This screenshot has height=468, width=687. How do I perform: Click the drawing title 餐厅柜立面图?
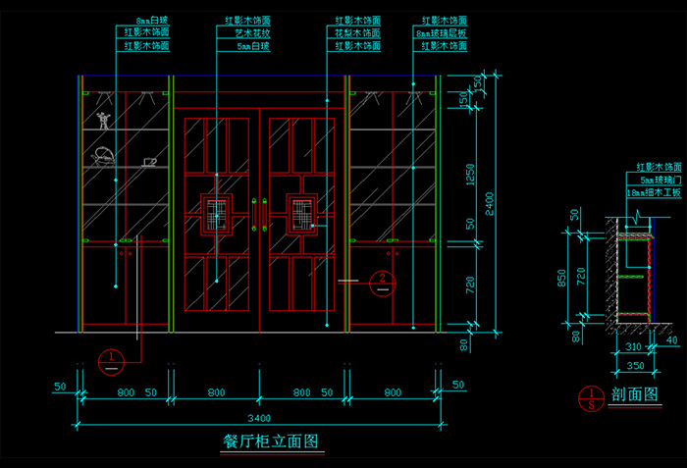(x=272, y=442)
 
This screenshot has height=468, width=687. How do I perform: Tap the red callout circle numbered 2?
(x=382, y=282)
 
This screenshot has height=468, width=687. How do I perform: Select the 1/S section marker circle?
(x=593, y=398)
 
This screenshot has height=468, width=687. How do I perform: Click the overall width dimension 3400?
(x=260, y=415)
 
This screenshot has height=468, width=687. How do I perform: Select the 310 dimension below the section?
(x=632, y=347)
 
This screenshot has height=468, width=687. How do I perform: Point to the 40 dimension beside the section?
(x=671, y=340)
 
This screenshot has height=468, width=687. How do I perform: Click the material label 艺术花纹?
(x=251, y=32)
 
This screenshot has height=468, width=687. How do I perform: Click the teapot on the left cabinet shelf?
(x=102, y=155)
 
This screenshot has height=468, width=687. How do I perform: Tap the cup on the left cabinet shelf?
(x=149, y=161)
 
